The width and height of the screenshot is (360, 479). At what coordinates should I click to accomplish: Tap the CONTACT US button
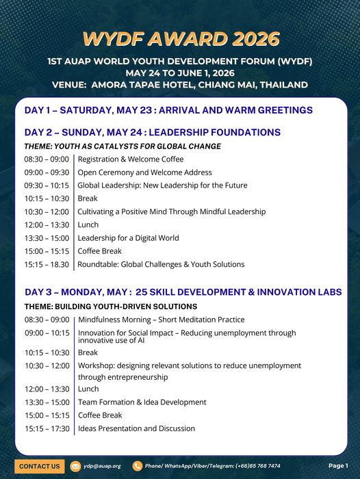(40, 466)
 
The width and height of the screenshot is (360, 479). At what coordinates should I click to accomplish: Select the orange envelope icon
(75, 466)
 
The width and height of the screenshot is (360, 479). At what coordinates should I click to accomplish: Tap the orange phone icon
(138, 466)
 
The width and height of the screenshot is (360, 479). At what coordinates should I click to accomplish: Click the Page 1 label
(338, 466)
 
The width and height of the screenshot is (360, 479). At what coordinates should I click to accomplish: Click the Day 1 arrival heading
(168, 110)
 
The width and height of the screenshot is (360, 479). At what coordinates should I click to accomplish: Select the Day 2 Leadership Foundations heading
(152, 132)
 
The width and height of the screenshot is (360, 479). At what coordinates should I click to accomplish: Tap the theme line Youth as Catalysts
(123, 146)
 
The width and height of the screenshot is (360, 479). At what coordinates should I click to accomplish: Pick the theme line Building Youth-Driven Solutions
(111, 307)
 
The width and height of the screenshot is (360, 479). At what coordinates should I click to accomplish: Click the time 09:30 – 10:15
(47, 185)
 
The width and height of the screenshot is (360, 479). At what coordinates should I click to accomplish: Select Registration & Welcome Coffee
(131, 159)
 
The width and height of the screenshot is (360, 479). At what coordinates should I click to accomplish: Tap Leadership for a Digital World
(128, 238)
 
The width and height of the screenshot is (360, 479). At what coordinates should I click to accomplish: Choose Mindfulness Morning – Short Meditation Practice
(161, 320)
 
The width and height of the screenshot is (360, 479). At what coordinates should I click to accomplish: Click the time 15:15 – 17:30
(47, 428)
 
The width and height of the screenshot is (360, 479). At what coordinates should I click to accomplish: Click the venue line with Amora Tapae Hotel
(180, 85)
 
